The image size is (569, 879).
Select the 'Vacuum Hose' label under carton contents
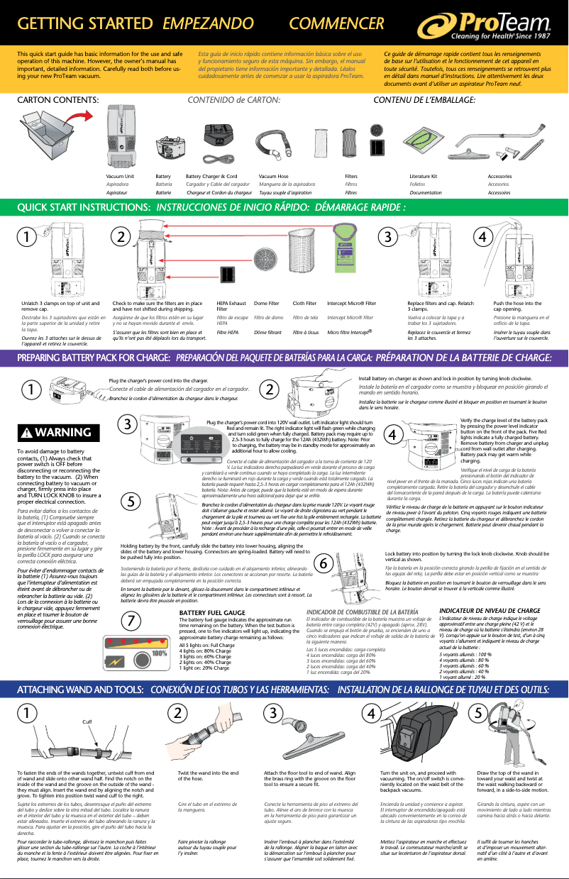(274, 175)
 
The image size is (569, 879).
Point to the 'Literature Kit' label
(424, 175)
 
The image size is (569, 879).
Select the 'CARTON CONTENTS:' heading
(58, 100)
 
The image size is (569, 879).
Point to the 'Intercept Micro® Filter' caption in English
(352, 303)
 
